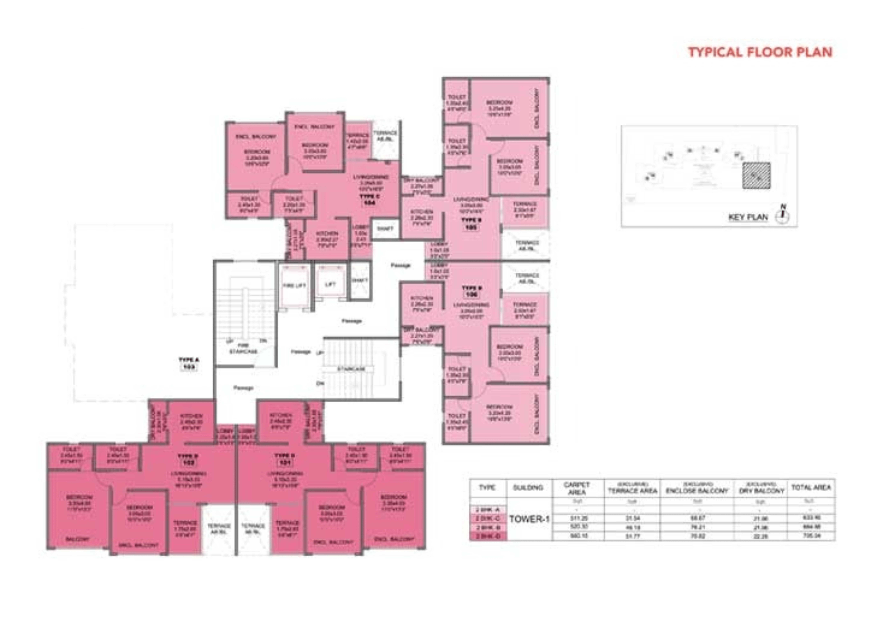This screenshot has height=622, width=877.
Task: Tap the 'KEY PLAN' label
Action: coord(748,217)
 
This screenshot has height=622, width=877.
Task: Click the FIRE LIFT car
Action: coord(294,285)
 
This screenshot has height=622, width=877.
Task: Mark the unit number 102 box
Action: coord(188,463)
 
